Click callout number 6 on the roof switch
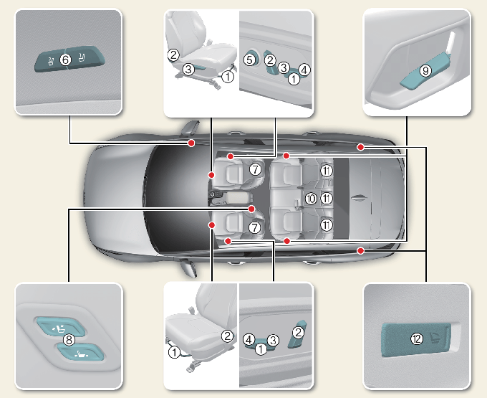pos(65,60)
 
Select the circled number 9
pos(425,71)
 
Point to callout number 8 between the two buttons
pos(69,339)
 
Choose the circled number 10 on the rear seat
pos(310,198)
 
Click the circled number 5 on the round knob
pos(249,61)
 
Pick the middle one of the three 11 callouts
pos(327,198)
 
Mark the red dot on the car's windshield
pos(191,143)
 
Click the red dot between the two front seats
pos(252,208)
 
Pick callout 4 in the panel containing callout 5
pos(304,70)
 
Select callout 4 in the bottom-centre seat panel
pos(248,338)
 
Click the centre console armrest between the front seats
pos(236,195)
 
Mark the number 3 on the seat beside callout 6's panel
pos(188,70)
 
